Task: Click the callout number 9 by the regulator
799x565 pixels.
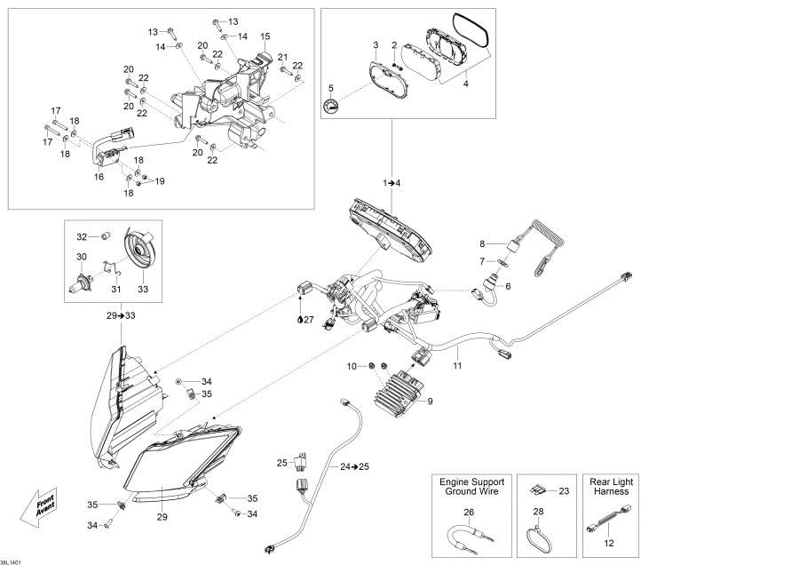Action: [430, 402]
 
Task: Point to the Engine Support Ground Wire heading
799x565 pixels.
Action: [469, 486]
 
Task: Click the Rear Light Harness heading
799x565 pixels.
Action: [611, 486]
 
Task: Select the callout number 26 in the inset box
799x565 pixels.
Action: [469, 511]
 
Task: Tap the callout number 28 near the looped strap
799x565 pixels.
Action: [538, 511]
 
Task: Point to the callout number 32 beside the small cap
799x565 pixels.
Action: [81, 236]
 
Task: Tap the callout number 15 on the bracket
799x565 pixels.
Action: [265, 36]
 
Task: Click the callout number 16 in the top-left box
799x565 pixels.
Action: [99, 177]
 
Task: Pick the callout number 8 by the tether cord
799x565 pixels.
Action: [483, 243]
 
